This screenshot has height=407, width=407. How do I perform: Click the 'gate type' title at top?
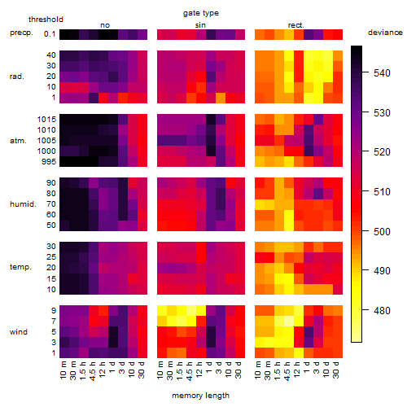201,13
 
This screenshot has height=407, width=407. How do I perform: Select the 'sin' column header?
200,25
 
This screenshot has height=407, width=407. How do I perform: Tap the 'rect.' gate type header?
296,25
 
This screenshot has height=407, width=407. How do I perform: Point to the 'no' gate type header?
105,25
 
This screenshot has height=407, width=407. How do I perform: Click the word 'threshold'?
46,20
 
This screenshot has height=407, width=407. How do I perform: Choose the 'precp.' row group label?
21,33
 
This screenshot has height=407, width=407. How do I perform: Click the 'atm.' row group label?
18,141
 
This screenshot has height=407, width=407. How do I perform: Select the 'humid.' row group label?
23,203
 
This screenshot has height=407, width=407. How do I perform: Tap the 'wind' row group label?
19,331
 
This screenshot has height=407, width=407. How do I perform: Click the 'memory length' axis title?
201,396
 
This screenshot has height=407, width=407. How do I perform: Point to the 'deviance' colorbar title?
385,33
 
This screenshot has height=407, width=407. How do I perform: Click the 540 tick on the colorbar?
382,73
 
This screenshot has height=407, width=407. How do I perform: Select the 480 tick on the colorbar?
382,310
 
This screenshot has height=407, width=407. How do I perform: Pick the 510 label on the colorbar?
382,192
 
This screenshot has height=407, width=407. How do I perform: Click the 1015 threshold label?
46,120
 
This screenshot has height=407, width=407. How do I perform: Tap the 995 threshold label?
49,162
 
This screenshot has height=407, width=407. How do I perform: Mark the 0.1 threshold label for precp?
50,34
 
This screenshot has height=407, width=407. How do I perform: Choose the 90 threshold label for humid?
51,183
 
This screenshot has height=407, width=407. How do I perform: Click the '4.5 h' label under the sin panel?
190,370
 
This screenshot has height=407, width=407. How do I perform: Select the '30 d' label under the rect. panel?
335,370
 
